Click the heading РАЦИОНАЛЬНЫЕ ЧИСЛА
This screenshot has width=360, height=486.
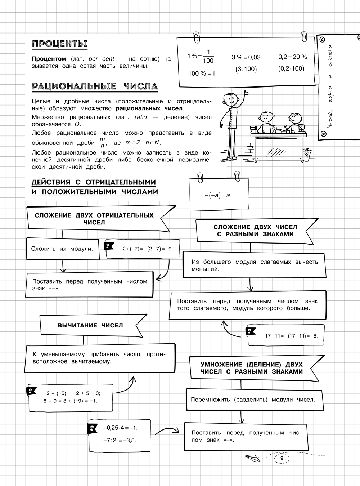coord(95,86)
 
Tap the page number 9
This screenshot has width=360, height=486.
coord(282,458)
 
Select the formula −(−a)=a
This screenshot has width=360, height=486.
coord(217,195)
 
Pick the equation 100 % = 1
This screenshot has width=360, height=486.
coord(202,73)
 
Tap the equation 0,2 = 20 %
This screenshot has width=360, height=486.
coord(292,57)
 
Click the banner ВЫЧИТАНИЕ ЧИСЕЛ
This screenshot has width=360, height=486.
coord(90,325)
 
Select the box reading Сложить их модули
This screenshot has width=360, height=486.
coord(62,249)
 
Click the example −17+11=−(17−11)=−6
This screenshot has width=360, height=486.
coord(290,336)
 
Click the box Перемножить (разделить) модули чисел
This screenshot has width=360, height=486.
coord(253,400)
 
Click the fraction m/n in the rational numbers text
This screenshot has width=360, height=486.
coord(102,143)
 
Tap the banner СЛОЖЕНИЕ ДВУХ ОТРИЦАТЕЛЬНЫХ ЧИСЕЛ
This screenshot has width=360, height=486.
coord(94,219)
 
